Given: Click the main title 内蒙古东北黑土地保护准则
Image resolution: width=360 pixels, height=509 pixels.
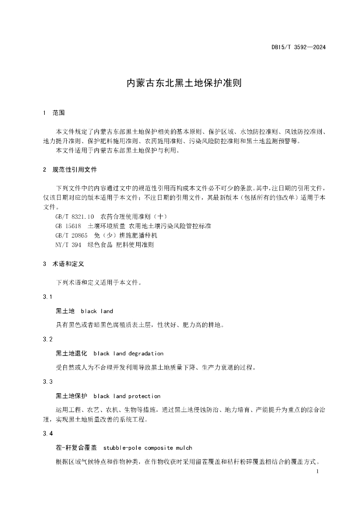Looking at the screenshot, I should (x=180, y=83).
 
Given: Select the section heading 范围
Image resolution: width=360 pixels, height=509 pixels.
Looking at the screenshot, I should (x=59, y=113).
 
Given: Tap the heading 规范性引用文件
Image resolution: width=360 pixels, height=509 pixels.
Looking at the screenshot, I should (x=75, y=170).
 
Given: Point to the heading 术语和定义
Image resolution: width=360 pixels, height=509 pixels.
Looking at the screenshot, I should (x=68, y=264).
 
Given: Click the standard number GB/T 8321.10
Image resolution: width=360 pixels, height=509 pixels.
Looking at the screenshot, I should (x=75, y=217).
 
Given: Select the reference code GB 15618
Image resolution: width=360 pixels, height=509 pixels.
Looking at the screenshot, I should (x=69, y=226).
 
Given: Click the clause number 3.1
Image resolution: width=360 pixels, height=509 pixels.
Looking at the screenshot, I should (x=48, y=297).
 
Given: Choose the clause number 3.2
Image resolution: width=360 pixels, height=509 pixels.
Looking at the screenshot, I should (x=48, y=339).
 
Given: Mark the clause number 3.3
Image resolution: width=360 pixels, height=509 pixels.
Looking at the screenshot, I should (x=48, y=381).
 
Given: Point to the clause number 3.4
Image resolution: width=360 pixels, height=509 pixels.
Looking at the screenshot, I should (x=48, y=434).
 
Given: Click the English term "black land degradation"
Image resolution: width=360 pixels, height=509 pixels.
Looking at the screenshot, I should (x=128, y=353).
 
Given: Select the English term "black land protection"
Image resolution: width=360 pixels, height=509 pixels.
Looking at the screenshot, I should (x=127, y=396).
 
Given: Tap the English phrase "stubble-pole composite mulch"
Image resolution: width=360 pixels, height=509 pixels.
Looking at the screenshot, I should (x=148, y=448).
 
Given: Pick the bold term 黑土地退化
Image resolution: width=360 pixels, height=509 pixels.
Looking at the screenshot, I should (x=72, y=353).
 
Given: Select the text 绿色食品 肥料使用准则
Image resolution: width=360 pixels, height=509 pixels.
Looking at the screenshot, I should (x=120, y=245).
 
